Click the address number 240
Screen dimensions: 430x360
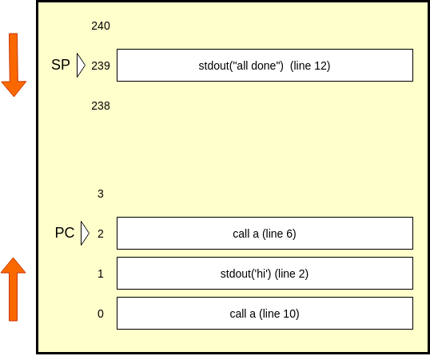pos(101,26)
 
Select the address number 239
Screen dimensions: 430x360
pos(101,66)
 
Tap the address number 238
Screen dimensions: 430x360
pos(101,106)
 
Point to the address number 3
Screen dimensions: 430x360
pos(101,194)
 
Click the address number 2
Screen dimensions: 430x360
pos(101,234)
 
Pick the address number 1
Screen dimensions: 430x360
pos(101,274)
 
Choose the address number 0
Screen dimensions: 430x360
pos(101,314)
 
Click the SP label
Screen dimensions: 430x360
pos(61,65)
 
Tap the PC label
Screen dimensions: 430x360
pos(65,233)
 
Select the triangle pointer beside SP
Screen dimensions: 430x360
pos(81,65)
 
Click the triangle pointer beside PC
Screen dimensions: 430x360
pos(85,233)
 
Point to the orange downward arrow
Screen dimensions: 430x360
pos(14,65)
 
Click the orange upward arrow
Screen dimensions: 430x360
pos(13,290)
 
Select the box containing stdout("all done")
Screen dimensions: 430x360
pos(265,66)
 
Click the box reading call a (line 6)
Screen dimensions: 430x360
pos(265,234)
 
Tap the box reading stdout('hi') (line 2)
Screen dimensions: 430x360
pos(265,274)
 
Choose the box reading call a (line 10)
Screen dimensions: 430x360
pos(265,313)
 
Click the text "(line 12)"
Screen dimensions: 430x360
pos(310,66)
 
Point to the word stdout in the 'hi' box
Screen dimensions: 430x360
pos(235,274)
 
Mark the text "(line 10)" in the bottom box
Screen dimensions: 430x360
pos(279,314)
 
